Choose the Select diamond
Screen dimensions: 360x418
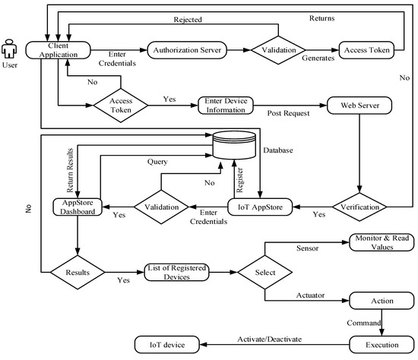click(x=264, y=270)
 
